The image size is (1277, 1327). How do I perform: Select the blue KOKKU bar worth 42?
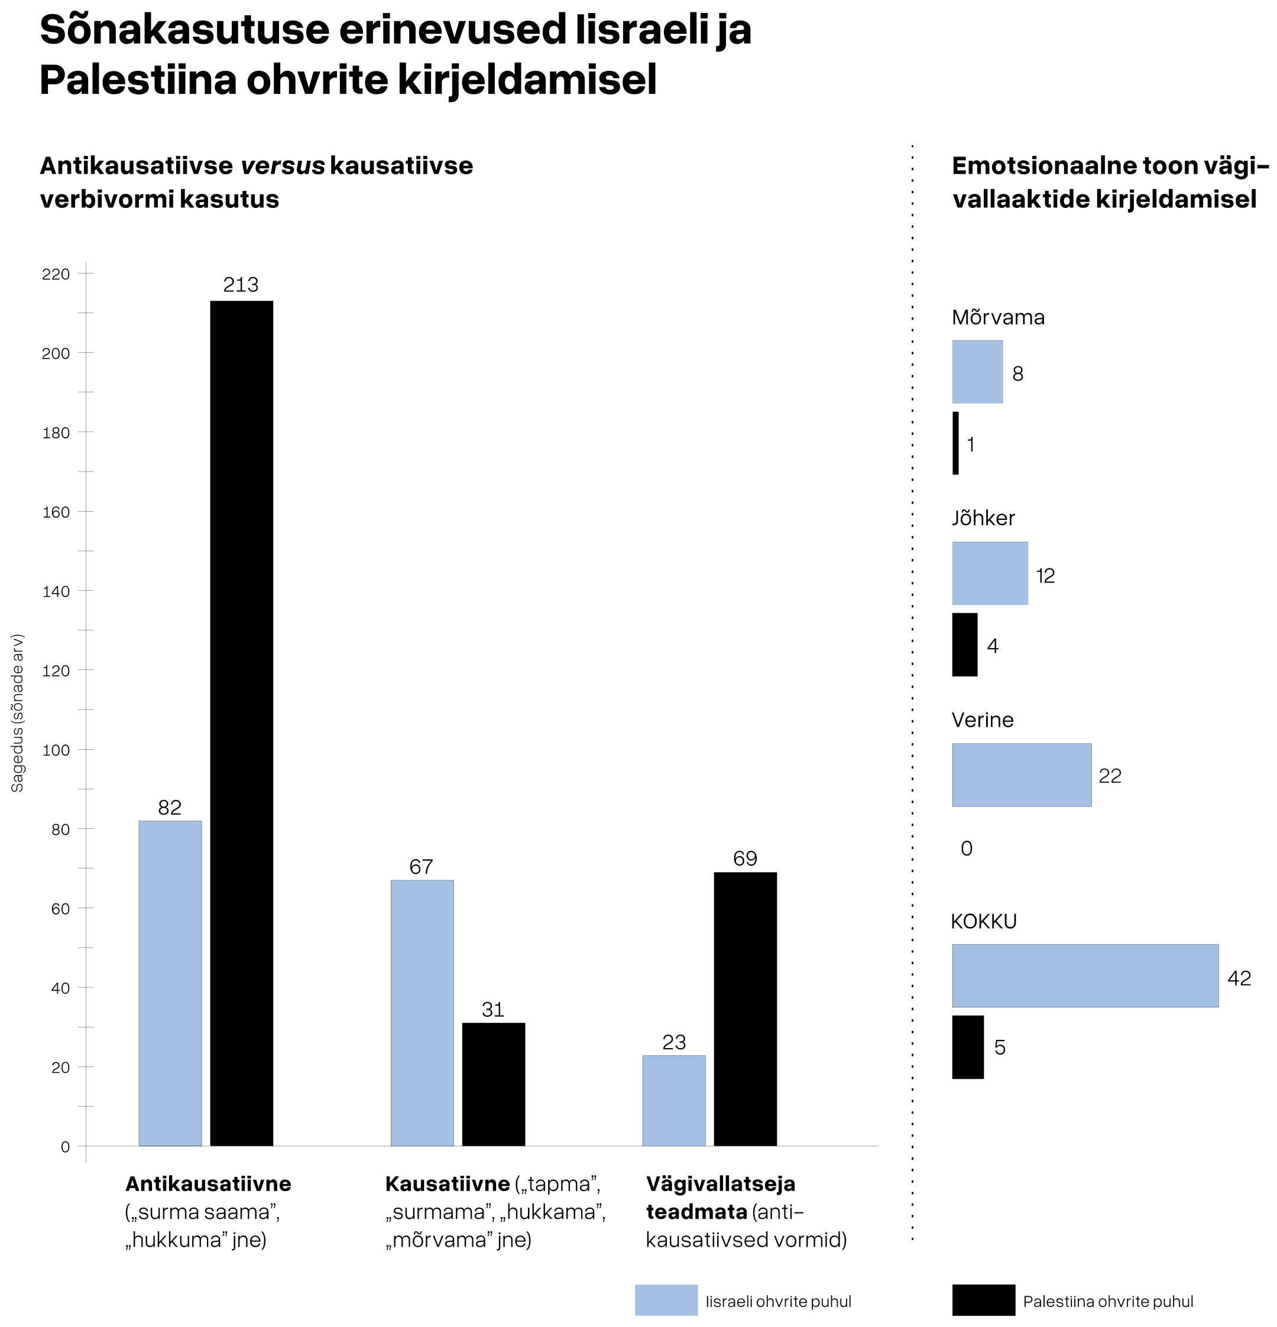click(x=1085, y=975)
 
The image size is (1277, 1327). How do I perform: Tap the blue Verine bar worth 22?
click(x=1022, y=775)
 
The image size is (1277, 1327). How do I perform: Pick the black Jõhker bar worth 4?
click(x=965, y=645)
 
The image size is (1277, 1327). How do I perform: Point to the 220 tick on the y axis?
click(x=56, y=274)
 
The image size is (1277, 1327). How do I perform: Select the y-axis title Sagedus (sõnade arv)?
click(x=18, y=713)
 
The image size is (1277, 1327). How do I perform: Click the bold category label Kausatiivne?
click(x=447, y=1183)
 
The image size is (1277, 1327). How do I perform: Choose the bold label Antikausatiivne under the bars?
click(x=208, y=1183)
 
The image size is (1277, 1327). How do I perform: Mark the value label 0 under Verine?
click(x=966, y=848)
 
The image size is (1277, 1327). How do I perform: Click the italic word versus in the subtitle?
click(x=283, y=166)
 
